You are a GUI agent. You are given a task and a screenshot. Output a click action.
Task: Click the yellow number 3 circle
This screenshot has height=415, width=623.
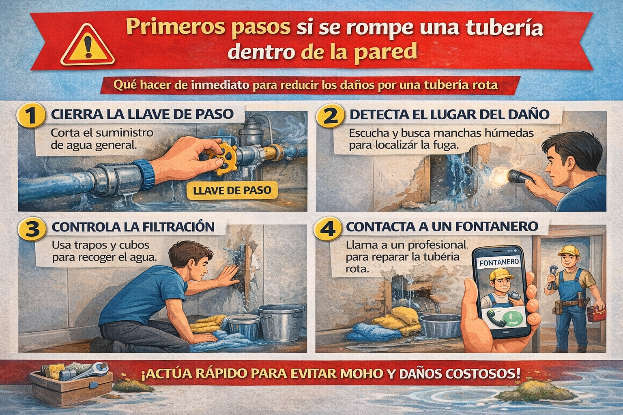pyautogui.click(x=32, y=230)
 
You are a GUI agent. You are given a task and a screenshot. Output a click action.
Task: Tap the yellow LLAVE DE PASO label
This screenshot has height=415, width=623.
pyautogui.click(x=232, y=190)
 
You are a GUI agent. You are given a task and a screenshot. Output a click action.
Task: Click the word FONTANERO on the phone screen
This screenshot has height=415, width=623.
pyautogui.click(x=499, y=262)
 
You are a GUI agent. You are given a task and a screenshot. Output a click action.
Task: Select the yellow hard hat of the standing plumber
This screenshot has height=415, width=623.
pyautogui.click(x=568, y=250)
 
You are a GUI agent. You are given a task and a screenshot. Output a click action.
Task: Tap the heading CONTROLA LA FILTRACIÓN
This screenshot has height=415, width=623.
pyautogui.click(x=133, y=227)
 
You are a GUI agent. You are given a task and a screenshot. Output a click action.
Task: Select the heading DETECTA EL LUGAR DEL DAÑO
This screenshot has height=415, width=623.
pyautogui.click(x=449, y=115)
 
